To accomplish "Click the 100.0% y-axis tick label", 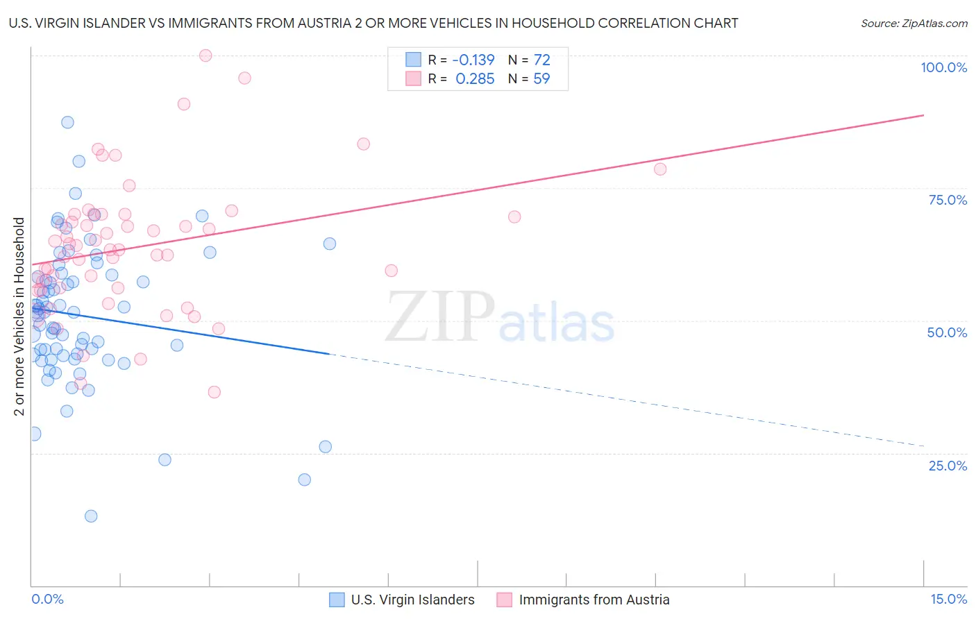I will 943,67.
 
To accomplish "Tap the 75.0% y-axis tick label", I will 948,200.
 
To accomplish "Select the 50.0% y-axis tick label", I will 947,332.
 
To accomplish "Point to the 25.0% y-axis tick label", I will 948,465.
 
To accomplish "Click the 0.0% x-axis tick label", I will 47,599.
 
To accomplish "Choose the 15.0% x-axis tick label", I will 948,599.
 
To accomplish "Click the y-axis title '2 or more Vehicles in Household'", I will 19,316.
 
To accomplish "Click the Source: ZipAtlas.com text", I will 914,23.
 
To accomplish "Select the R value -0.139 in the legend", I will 473,60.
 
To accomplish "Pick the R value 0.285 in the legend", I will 475,78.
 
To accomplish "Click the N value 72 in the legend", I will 541,60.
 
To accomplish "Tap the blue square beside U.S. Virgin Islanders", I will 337,600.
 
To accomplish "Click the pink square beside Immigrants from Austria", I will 505,600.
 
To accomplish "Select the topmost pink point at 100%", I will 205,56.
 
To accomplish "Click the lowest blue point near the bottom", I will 91,516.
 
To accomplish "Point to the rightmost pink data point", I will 660,169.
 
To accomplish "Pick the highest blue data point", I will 67,122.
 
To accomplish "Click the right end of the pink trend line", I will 923,115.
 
